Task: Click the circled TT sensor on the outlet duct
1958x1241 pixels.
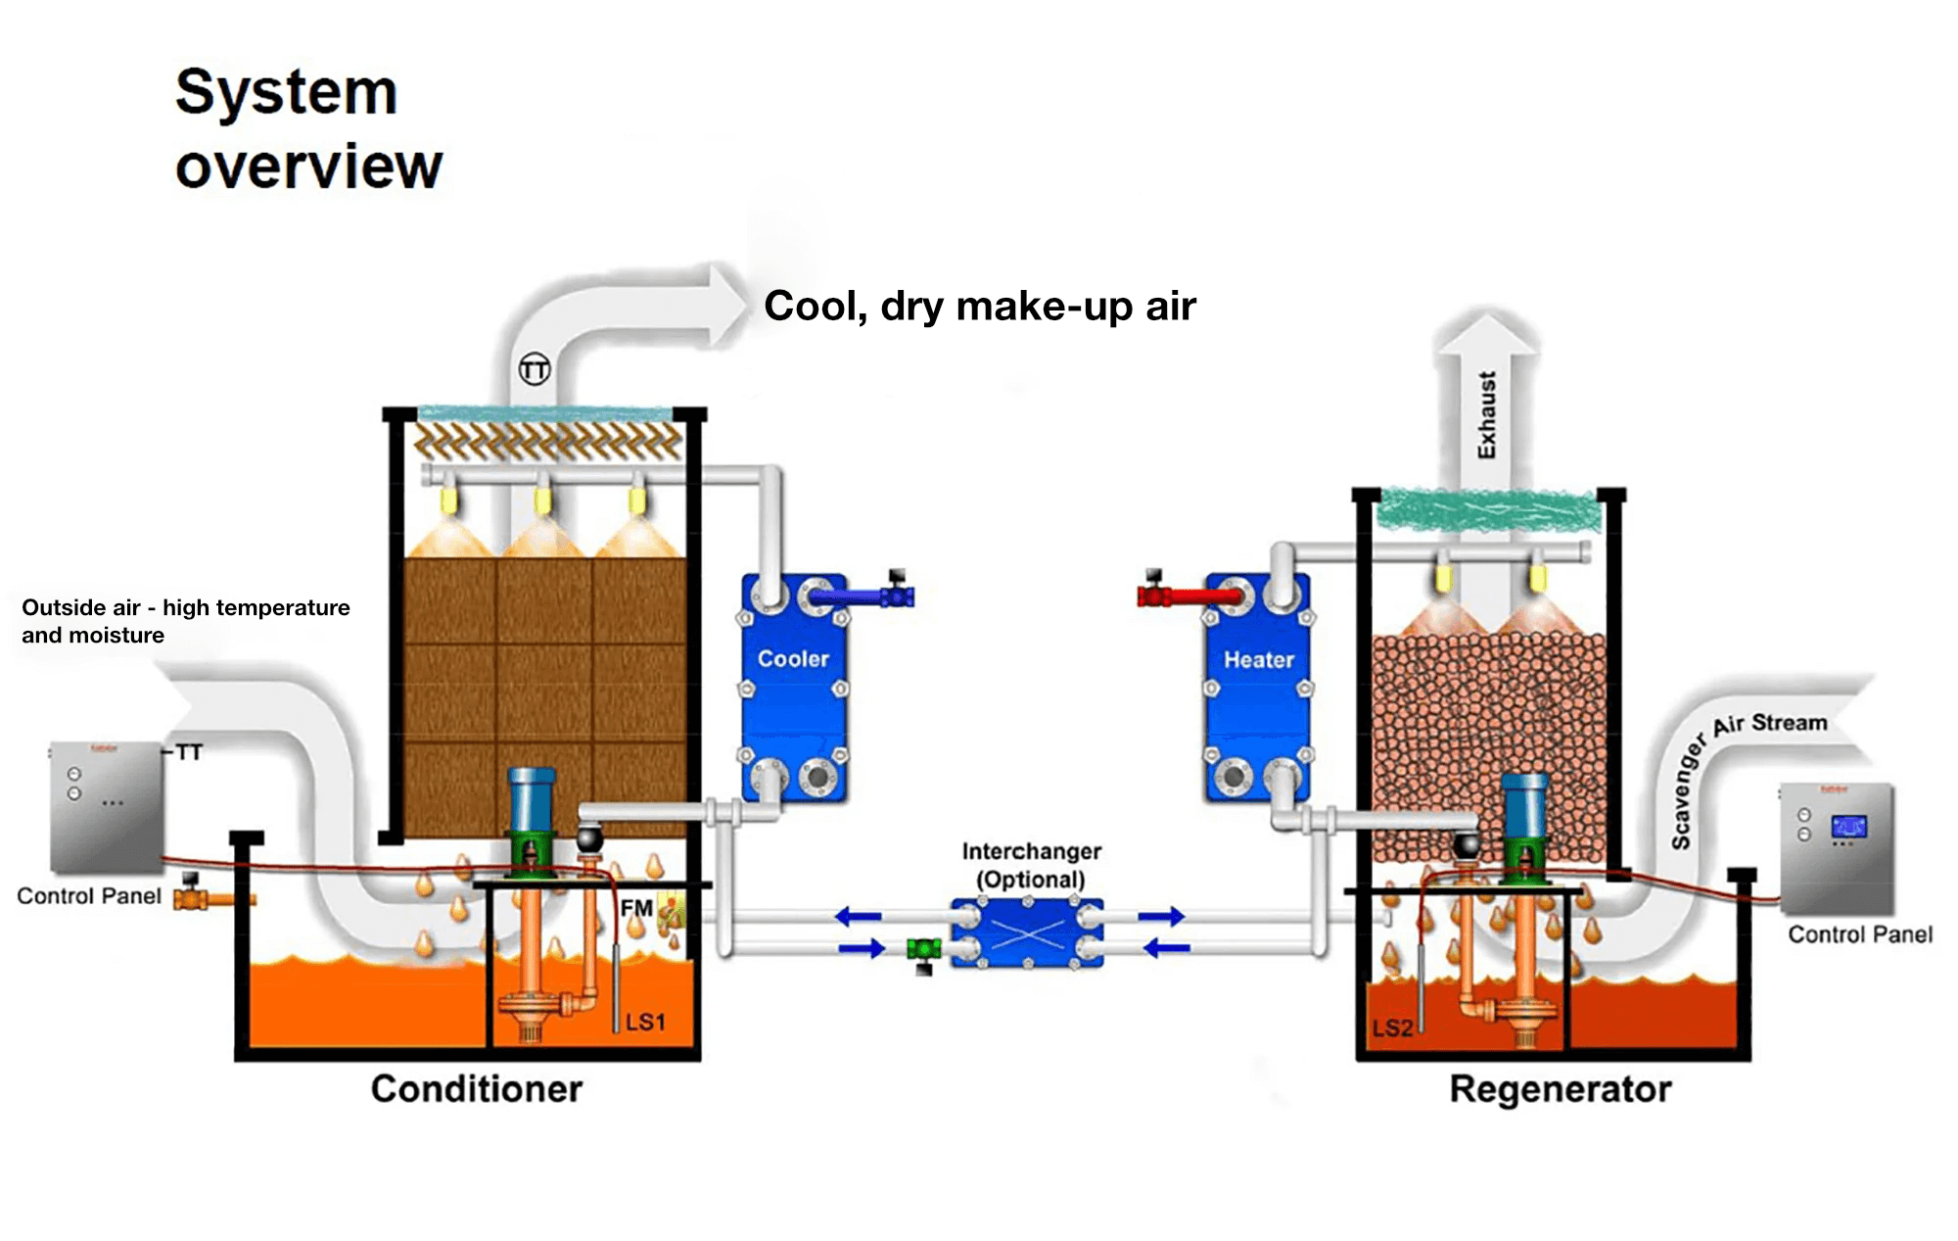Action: [535, 369]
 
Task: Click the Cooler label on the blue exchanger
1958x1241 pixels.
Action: [793, 659]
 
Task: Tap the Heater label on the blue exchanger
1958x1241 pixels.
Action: [1259, 660]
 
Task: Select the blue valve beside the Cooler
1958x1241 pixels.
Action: [895, 595]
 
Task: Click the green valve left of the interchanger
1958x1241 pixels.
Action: [923, 949]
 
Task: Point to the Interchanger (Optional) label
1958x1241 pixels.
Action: [1031, 865]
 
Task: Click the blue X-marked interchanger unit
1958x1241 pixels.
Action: [1028, 933]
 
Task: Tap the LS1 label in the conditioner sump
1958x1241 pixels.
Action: [645, 1023]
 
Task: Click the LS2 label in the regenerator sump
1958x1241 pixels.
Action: [1392, 1028]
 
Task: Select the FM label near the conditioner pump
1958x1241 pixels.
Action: [636, 909]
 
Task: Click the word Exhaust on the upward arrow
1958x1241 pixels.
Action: [1487, 414]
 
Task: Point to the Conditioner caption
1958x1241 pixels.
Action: [477, 1089]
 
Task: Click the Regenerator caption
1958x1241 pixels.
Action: [1561, 1089]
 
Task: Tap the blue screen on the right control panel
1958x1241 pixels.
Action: [1848, 826]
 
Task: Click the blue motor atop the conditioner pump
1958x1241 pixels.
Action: [532, 798]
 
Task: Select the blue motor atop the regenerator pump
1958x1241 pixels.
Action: [1524, 805]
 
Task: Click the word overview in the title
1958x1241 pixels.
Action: [309, 167]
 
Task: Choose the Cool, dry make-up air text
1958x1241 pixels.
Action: [980, 306]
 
